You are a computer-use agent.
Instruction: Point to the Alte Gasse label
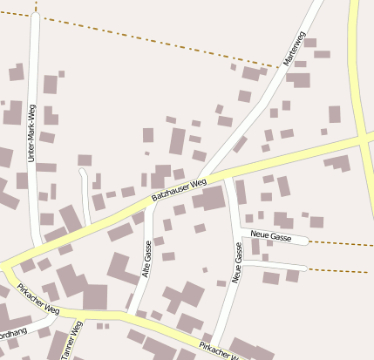click(146, 260)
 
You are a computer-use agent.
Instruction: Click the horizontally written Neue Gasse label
click(270, 236)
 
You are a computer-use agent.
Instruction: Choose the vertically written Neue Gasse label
click(237, 264)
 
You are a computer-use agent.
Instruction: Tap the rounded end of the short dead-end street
click(83, 173)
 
